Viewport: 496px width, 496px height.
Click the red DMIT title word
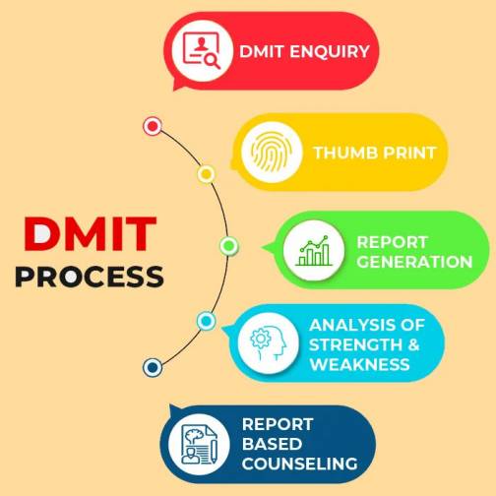(x=90, y=233)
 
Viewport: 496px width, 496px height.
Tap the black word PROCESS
(x=90, y=277)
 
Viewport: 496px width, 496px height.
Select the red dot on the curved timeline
(x=153, y=126)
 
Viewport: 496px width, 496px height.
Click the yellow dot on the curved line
(x=206, y=174)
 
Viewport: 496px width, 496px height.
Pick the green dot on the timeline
(x=229, y=246)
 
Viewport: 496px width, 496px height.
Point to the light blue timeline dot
(x=206, y=321)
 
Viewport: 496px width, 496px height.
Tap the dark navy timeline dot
(x=153, y=367)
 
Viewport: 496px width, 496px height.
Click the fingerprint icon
(x=272, y=153)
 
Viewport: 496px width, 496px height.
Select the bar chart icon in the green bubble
(x=314, y=251)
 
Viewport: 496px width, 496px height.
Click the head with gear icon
(x=269, y=343)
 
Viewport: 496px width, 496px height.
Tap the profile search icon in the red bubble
(x=202, y=50)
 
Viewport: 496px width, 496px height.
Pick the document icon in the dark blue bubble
(x=199, y=445)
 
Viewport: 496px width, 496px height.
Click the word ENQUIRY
(x=330, y=51)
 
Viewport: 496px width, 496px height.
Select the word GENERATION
(x=414, y=262)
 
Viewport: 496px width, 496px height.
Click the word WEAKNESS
(x=360, y=364)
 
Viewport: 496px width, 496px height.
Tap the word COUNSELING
(x=300, y=464)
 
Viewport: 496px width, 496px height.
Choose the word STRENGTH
(x=355, y=344)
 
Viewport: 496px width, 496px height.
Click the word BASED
(x=272, y=444)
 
